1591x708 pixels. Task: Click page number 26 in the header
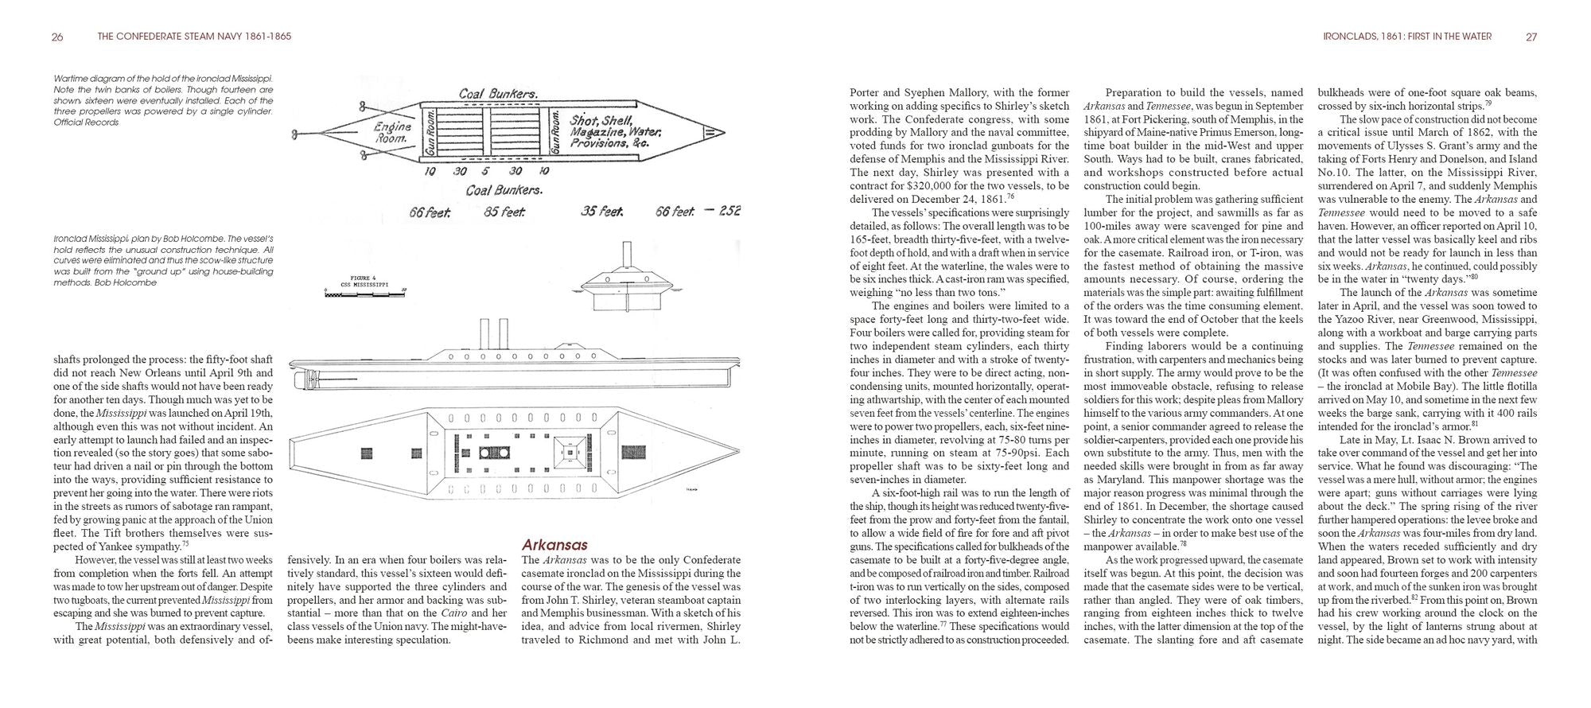pos(57,37)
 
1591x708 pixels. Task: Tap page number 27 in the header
pos(1531,37)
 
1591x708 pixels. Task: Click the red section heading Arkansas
pos(554,545)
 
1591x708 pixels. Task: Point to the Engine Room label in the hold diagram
pos(393,132)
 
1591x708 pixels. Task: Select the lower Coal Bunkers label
pos(504,190)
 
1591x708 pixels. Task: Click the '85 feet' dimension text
pos(503,212)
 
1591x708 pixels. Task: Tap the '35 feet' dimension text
pos(601,212)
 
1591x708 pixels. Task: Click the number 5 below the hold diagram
pos(485,171)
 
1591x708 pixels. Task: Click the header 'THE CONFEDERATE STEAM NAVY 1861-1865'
pos(193,37)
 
